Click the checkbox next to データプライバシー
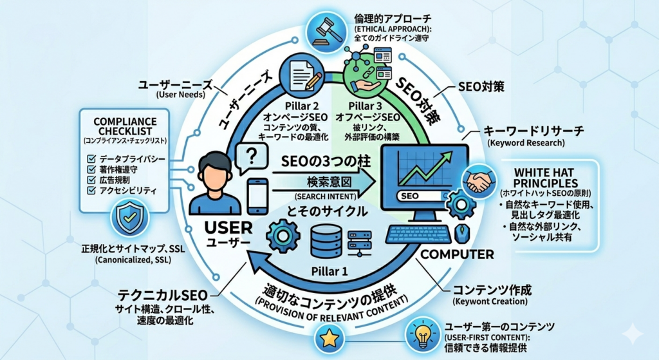89,158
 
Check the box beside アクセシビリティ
89,191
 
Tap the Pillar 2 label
301,104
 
